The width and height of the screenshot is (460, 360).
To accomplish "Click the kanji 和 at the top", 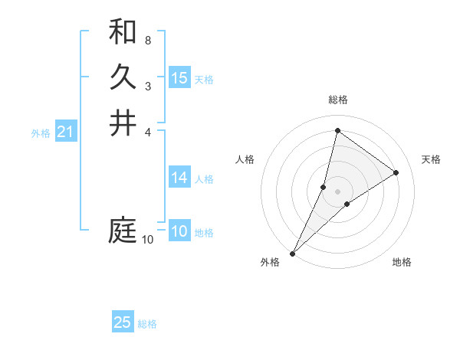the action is point(123,33).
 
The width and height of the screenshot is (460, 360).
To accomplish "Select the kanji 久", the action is point(123,77).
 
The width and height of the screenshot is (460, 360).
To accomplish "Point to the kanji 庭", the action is point(123,231).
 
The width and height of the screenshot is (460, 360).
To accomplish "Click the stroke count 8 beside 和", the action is point(148,40).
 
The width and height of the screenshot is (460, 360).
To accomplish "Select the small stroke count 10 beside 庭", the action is point(148,240).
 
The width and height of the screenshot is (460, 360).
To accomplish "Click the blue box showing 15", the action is point(179,78).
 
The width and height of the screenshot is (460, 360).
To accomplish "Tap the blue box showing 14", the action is point(179,178).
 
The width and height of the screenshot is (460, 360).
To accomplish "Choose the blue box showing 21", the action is point(65,133).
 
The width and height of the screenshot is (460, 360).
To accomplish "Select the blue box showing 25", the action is point(123,322).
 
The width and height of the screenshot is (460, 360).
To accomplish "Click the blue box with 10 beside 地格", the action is point(179,231).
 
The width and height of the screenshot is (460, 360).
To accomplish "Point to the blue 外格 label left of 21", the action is point(41,133).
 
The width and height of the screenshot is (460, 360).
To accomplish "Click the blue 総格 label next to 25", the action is point(147,324).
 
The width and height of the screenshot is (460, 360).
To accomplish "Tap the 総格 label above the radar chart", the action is point(338,100).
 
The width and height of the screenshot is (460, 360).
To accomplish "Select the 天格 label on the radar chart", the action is point(431,159).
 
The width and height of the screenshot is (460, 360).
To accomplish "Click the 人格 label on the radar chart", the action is point(245,159).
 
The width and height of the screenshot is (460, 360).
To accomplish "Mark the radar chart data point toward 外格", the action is point(292,253).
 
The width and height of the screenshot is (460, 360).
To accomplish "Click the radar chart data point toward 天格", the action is point(396,172).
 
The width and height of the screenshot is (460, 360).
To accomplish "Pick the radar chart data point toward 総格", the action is point(337,131).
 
